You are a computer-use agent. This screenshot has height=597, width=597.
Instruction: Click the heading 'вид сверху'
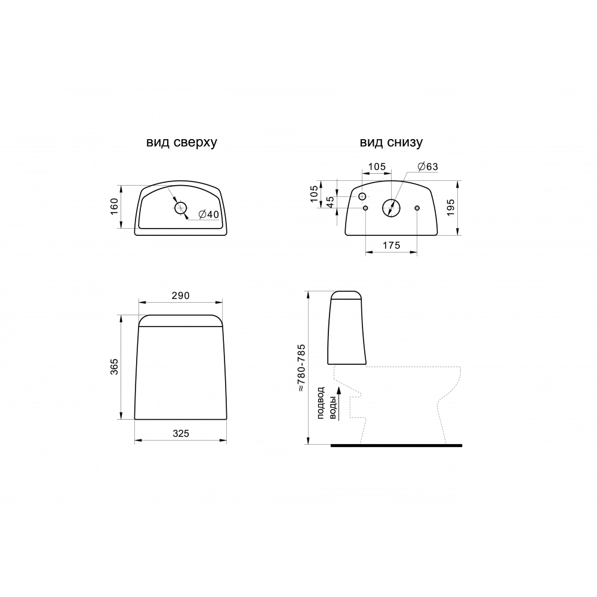[181, 143]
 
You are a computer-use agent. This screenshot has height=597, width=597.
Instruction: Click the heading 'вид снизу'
[391, 143]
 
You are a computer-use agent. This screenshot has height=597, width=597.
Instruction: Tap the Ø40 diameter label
[209, 214]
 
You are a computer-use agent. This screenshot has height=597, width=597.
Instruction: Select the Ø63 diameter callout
[427, 167]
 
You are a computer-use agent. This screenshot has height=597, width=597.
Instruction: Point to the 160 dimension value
[114, 207]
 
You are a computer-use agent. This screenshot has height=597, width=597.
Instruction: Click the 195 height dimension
[451, 208]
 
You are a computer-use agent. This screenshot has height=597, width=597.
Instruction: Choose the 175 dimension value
[392, 245]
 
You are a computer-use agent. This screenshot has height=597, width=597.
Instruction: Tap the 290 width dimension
[180, 296]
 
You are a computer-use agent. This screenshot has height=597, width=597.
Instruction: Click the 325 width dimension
[180, 433]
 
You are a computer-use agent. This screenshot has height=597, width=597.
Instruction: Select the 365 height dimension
[114, 367]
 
